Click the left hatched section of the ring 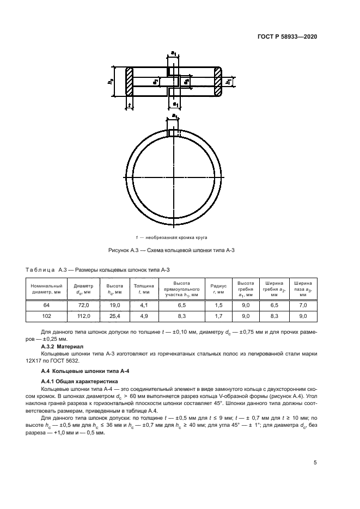click(130, 82)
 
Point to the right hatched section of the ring click(218, 82)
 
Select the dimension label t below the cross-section click(130, 105)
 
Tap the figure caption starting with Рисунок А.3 click(173, 250)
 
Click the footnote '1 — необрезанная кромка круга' click(173, 237)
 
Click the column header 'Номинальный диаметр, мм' click(46, 289)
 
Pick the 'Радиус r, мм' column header click(218, 289)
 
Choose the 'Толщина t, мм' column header click(143, 289)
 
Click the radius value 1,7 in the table click(218, 316)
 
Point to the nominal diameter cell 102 click(46, 316)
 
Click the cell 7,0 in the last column click(303, 306)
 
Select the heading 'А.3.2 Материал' click(62, 346)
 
